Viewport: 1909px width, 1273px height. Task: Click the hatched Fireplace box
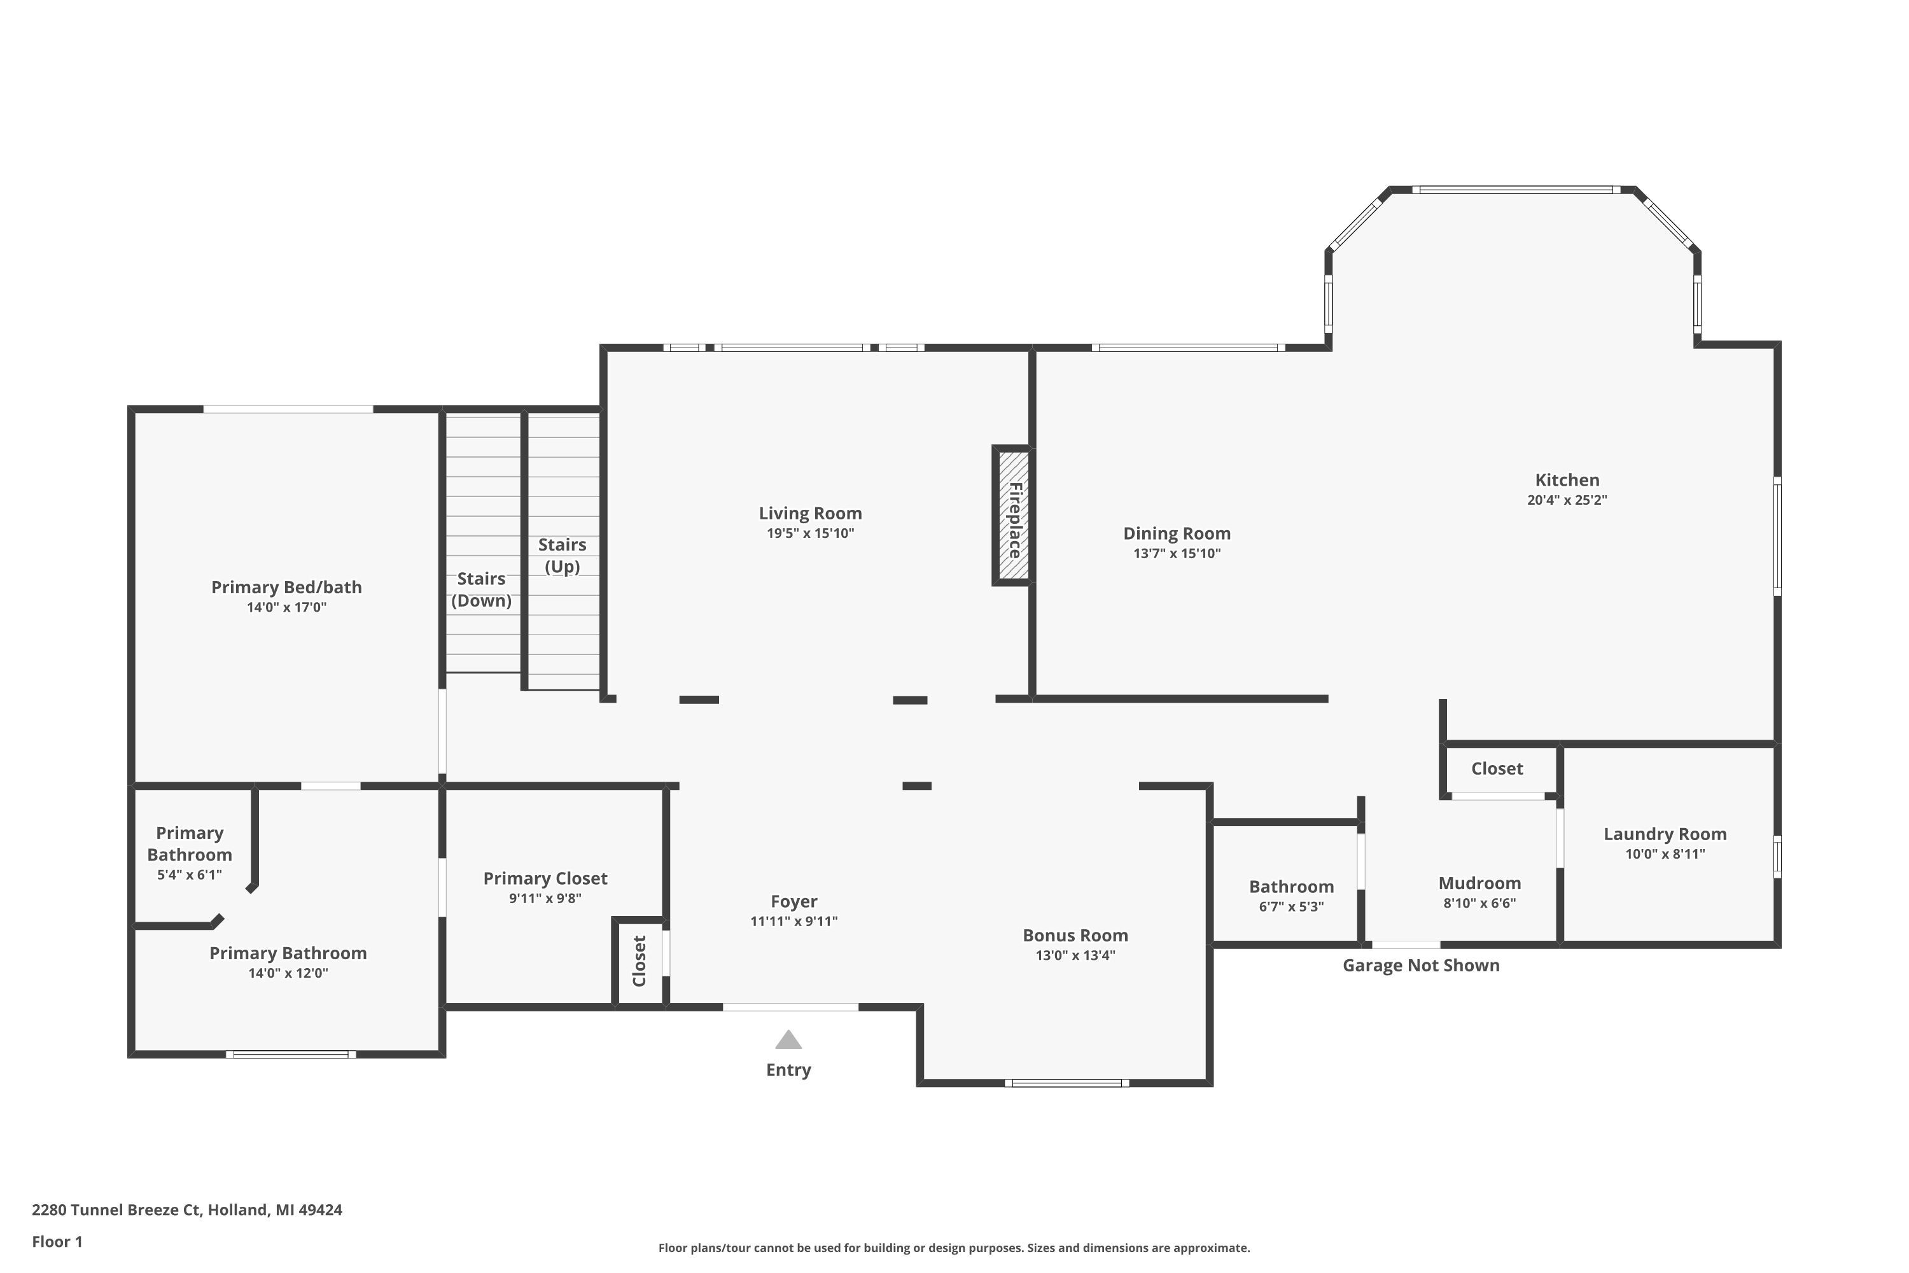(1013, 516)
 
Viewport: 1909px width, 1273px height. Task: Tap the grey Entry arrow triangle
(788, 1040)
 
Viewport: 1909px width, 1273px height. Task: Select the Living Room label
(810, 513)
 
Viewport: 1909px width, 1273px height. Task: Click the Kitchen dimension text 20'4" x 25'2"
(1567, 500)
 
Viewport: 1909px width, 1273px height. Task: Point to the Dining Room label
(1176, 533)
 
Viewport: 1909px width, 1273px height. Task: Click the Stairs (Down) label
(481, 589)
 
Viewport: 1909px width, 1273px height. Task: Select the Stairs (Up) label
(562, 555)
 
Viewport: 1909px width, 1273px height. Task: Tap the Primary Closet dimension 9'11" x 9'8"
(545, 898)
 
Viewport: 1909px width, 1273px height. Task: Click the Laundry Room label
(1665, 834)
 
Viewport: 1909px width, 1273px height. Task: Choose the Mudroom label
(1479, 883)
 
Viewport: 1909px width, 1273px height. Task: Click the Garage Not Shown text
(1420, 966)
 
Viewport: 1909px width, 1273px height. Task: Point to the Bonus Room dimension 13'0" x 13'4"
(1075, 955)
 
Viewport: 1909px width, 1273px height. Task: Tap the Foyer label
(793, 901)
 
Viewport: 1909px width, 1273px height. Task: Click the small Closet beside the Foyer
(639, 961)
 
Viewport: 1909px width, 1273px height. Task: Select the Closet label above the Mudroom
(1497, 768)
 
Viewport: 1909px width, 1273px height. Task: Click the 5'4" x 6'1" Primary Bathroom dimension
(189, 875)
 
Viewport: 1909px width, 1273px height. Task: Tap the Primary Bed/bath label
(286, 587)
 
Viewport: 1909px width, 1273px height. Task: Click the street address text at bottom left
(186, 1210)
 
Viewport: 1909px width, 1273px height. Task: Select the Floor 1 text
(57, 1241)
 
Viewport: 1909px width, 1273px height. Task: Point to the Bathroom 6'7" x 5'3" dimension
(1290, 907)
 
